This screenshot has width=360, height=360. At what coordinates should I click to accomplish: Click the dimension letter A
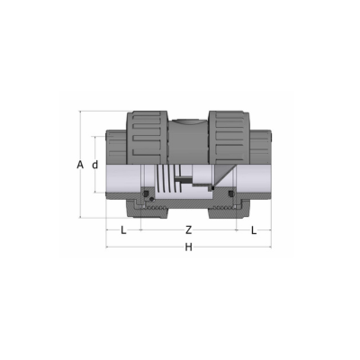click(80, 165)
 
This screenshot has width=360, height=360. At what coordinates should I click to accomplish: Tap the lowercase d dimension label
click(94, 165)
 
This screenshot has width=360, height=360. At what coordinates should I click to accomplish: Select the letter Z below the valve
click(188, 230)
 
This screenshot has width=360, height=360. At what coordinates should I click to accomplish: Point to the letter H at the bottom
click(188, 247)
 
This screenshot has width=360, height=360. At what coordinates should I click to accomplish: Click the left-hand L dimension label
click(123, 230)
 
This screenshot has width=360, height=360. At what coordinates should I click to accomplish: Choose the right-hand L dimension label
click(254, 230)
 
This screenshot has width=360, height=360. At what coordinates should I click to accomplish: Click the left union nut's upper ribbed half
click(147, 138)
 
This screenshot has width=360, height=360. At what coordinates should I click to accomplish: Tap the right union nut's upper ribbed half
click(229, 138)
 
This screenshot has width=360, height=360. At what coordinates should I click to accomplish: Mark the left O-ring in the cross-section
click(147, 193)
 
